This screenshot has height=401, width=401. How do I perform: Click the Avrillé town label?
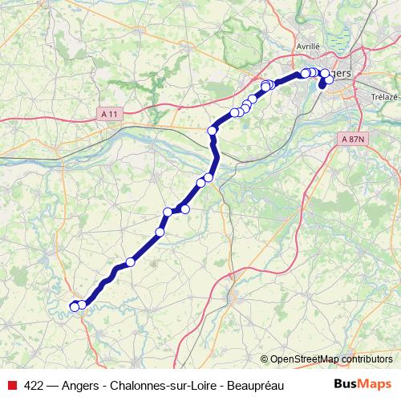coord(308,47)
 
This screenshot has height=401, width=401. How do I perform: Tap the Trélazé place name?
coord(385,96)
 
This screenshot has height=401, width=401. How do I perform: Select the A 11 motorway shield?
coord(110,115)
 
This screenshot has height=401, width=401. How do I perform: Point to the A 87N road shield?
coord(352,138)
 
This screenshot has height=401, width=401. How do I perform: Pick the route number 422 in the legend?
coord(34,384)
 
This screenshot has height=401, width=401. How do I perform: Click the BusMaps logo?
coord(361,383)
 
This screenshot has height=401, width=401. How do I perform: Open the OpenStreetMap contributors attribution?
coord(330,358)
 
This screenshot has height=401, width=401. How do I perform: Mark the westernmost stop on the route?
coord(75,306)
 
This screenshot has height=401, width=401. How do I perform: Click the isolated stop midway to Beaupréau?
coord(131,262)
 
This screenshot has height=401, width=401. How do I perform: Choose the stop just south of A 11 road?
coord(213,130)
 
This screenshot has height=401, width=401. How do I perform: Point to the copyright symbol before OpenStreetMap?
coord(265,358)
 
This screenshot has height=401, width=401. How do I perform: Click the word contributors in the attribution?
coord(365,358)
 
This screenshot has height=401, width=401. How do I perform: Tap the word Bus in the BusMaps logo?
coord(346,383)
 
